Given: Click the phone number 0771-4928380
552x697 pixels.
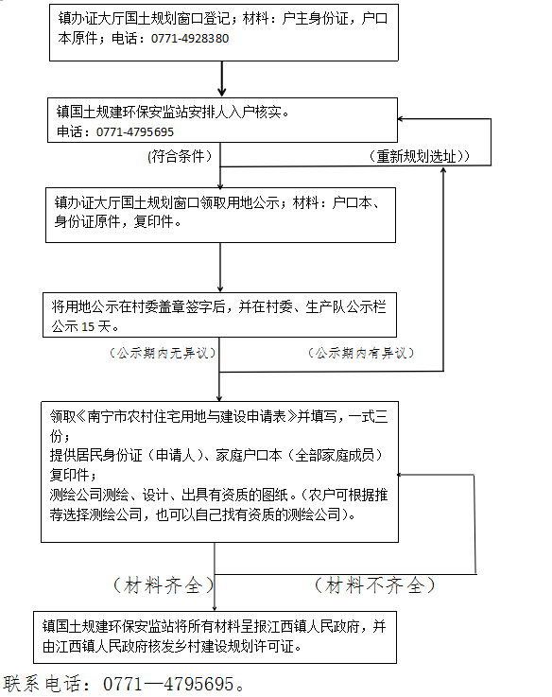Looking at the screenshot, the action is pos(190,38).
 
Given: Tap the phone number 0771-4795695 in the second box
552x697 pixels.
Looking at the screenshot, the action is pos(134,132).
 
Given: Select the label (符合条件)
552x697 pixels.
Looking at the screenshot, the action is pos(180,156).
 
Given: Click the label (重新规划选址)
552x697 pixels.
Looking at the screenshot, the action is pos(419,156).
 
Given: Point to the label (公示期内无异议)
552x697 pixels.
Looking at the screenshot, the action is pos(163,353).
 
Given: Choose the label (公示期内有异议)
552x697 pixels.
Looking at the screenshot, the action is pos(361,353).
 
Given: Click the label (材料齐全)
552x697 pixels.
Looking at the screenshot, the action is pos(164,585).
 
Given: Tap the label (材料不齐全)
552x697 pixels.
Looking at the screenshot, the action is pos(374,585).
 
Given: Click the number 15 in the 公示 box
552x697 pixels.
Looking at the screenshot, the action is pos(88,326).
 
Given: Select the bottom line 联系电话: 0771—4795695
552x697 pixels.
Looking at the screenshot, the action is pos(124,684).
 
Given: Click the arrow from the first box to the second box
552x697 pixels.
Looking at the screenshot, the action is pos(222,78).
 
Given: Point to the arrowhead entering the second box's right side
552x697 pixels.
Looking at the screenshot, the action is pos(400,119).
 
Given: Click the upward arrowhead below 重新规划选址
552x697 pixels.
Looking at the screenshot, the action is pos(443,171).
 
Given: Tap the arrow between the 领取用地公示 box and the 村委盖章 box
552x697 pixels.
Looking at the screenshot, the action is pos(220,267).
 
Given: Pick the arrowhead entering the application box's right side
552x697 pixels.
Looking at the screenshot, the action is pos(400,475).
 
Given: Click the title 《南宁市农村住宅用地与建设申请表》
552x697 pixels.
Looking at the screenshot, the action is pos(186,416).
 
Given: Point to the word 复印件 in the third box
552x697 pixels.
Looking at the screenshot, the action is pos(154,221).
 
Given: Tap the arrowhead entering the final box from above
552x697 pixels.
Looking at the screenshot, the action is pos(215,608).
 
